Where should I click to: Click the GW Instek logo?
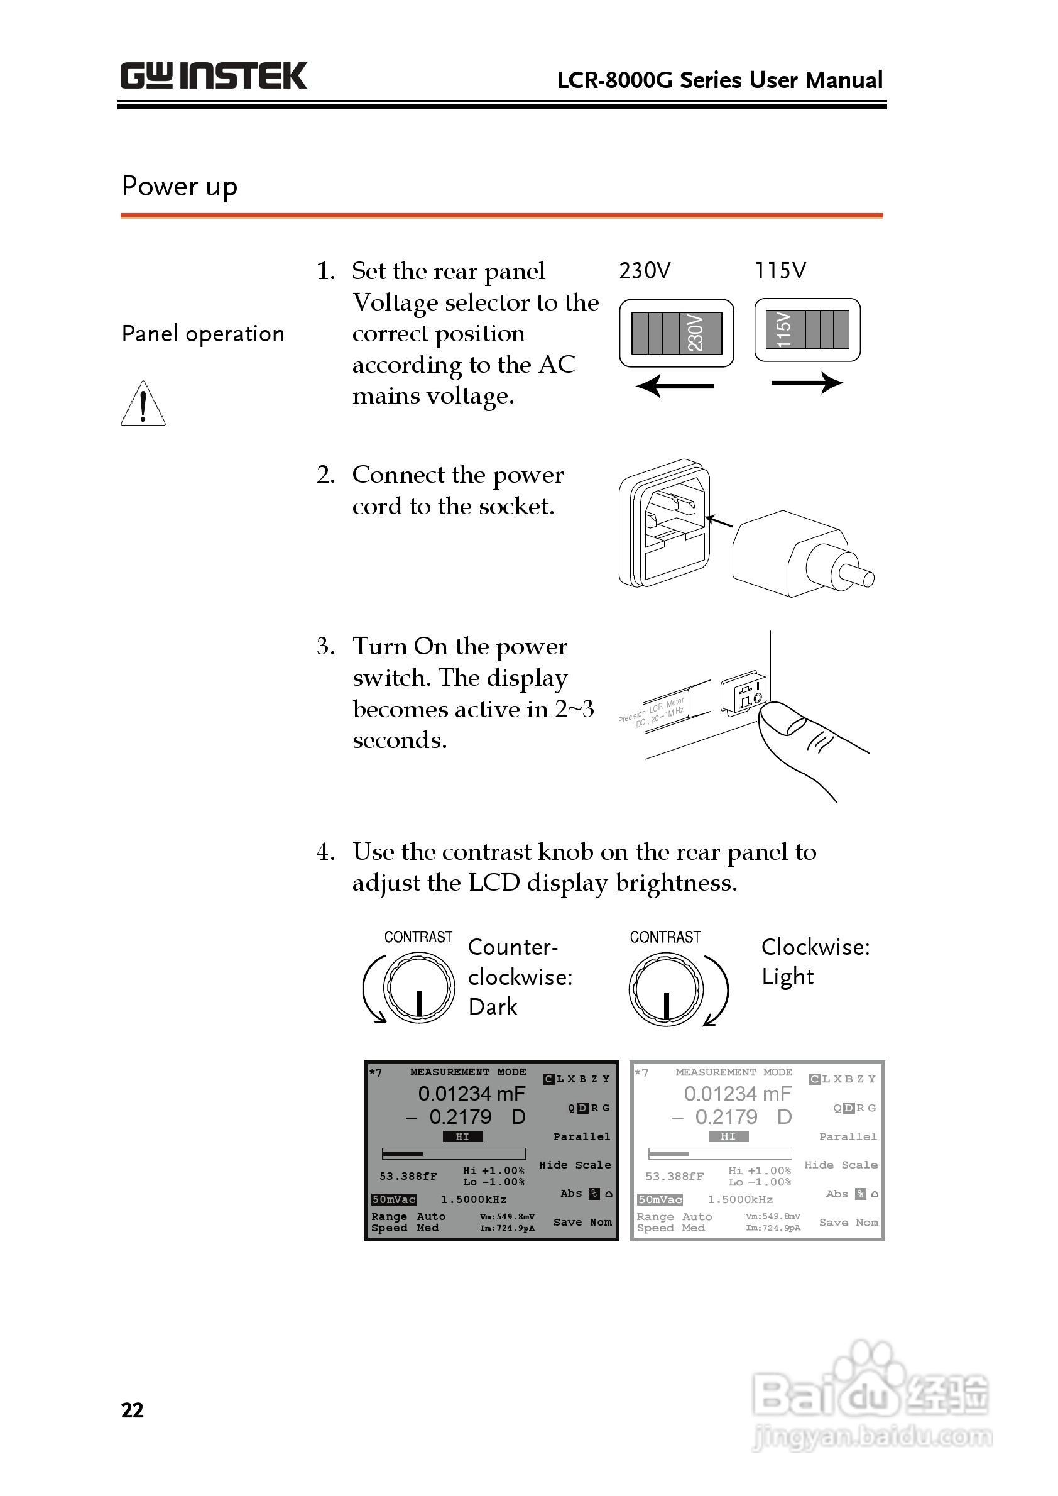213,75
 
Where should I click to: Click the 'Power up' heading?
179,187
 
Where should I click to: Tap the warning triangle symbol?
143,405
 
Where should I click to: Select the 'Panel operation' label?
202,334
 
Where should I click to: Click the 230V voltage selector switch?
676,333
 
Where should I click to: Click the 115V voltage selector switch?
807,330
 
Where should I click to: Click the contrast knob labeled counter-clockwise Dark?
418,988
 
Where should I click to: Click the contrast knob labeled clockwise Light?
665,989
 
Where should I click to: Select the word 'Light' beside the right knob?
787,977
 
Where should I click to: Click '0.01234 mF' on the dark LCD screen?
471,1093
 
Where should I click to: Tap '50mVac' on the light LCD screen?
659,1199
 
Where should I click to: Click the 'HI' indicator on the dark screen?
462,1136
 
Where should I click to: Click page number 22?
132,1411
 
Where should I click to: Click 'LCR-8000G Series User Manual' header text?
719,80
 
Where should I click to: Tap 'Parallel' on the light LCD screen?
848,1136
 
